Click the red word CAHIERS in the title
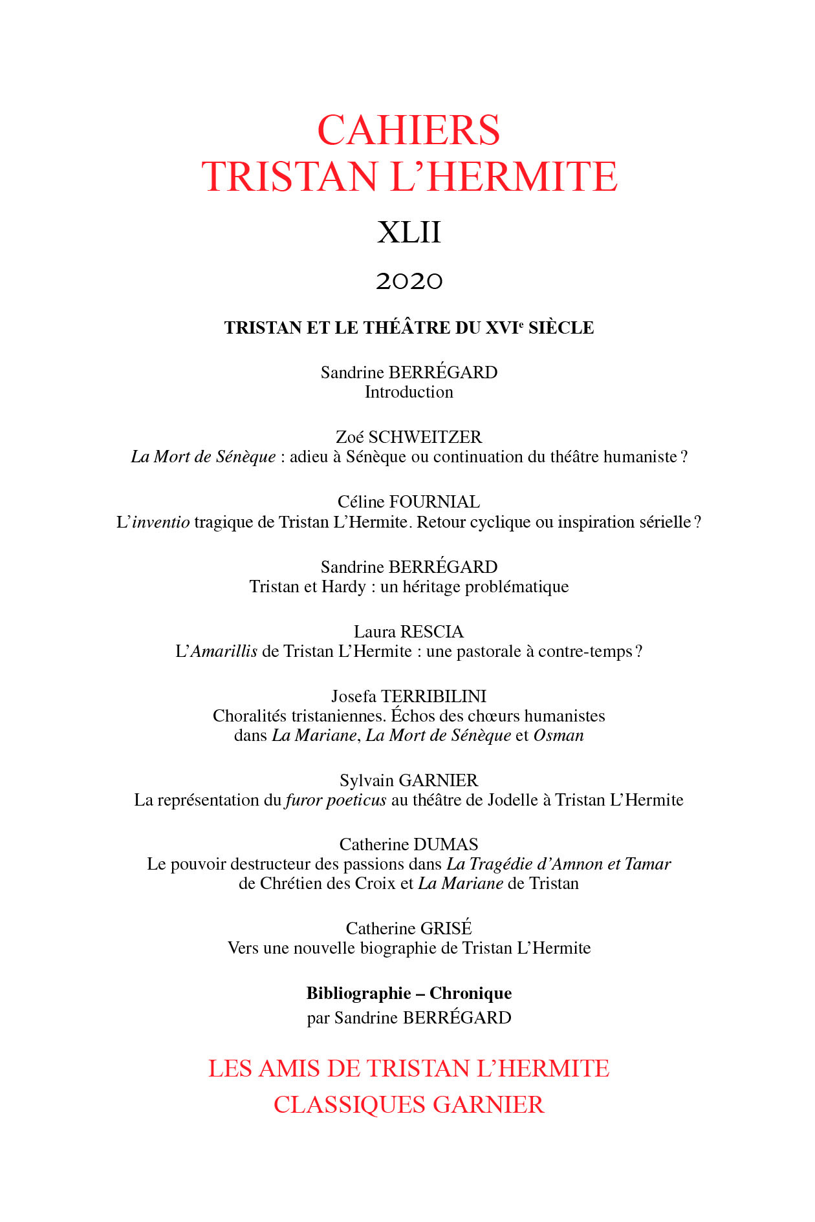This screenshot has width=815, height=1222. pyautogui.click(x=408, y=131)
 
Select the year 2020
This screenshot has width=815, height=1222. pyautogui.click(x=409, y=281)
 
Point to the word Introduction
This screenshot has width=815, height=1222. pyautogui.click(x=409, y=392)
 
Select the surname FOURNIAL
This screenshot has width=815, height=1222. pyautogui.click(x=435, y=502)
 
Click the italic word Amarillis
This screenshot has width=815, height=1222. pyautogui.click(x=224, y=652)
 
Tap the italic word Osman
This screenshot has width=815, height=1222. pyautogui.click(x=558, y=736)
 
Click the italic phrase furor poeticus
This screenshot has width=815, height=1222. pyautogui.click(x=336, y=800)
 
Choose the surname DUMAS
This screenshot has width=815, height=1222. pyautogui.click(x=446, y=845)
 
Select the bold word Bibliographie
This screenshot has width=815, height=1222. pyautogui.click(x=358, y=994)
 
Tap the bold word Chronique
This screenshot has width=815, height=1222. pyautogui.click(x=470, y=994)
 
